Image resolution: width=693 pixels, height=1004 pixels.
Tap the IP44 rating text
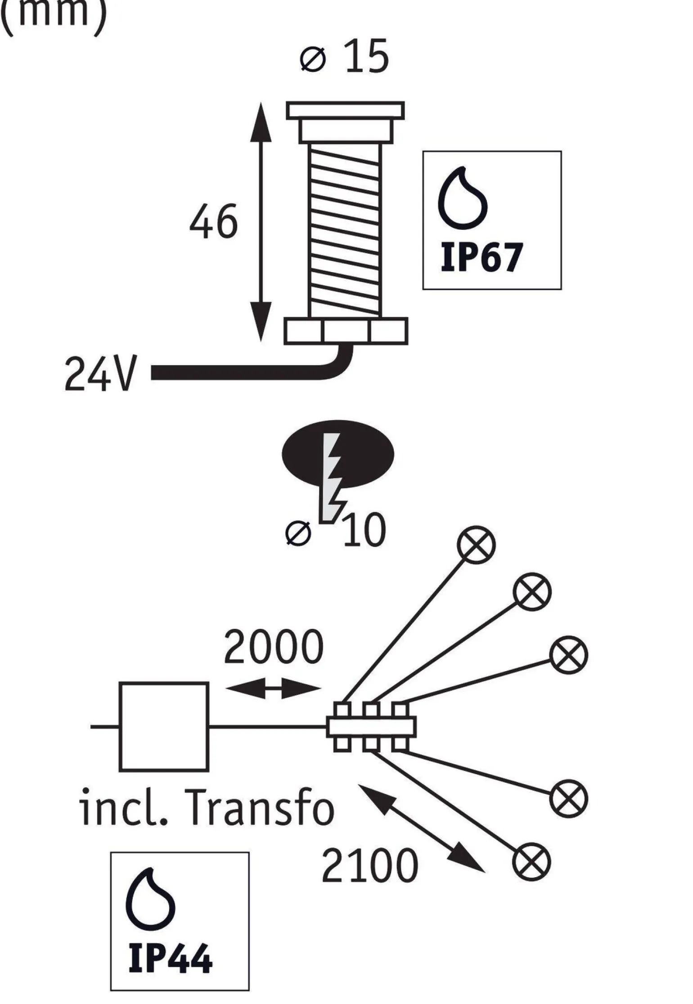click(x=170, y=959)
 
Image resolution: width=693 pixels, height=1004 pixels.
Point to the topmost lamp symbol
click(x=476, y=544)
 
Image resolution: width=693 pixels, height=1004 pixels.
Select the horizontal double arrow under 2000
click(x=274, y=688)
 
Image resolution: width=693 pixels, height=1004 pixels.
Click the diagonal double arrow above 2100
click(x=422, y=828)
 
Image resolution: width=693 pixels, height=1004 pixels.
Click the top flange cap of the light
click(x=346, y=110)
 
